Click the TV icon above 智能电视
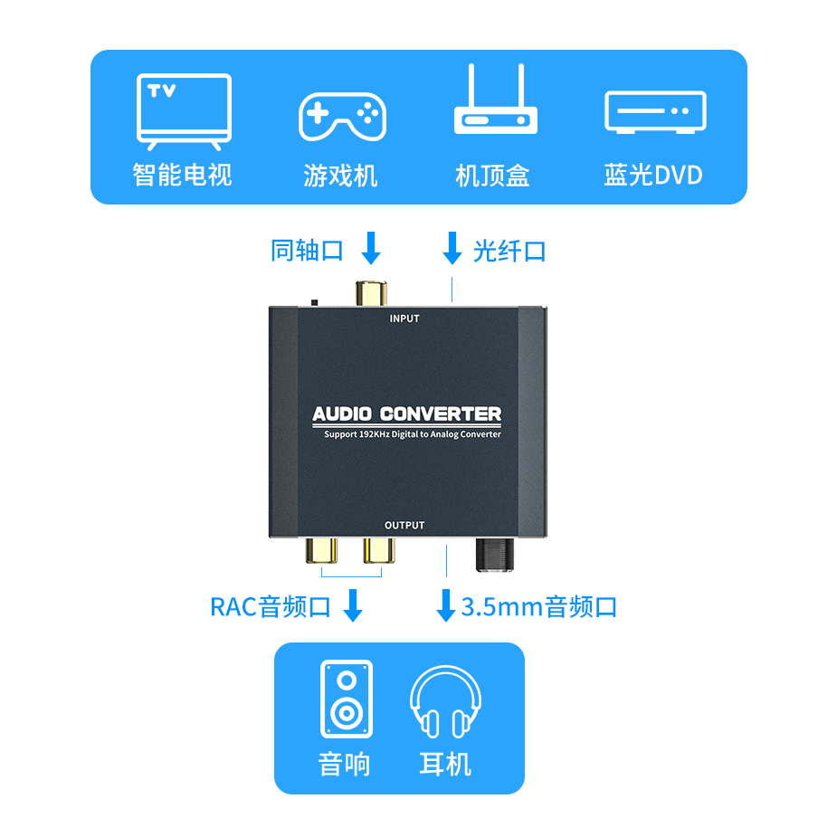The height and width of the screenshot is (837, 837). click(x=184, y=111)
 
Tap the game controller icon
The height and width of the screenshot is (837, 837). click(x=342, y=115)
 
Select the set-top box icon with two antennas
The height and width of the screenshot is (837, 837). click(x=495, y=101)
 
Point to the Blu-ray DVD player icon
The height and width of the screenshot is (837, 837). click(x=655, y=112)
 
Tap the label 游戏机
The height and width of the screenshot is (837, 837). click(x=340, y=175)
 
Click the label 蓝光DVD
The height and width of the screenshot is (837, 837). click(x=653, y=175)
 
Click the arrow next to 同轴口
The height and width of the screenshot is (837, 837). click(x=371, y=248)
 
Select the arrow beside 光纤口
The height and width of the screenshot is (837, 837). click(x=452, y=248)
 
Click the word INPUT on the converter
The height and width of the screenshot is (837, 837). click(x=404, y=319)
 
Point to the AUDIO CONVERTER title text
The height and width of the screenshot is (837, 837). click(x=406, y=414)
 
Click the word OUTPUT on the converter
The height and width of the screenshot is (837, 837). click(x=404, y=526)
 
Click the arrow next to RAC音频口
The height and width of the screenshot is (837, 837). click(x=353, y=605)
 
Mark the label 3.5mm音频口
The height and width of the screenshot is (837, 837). click(x=539, y=606)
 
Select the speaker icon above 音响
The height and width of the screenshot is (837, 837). click(x=347, y=699)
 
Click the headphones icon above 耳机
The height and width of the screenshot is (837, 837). click(x=445, y=702)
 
